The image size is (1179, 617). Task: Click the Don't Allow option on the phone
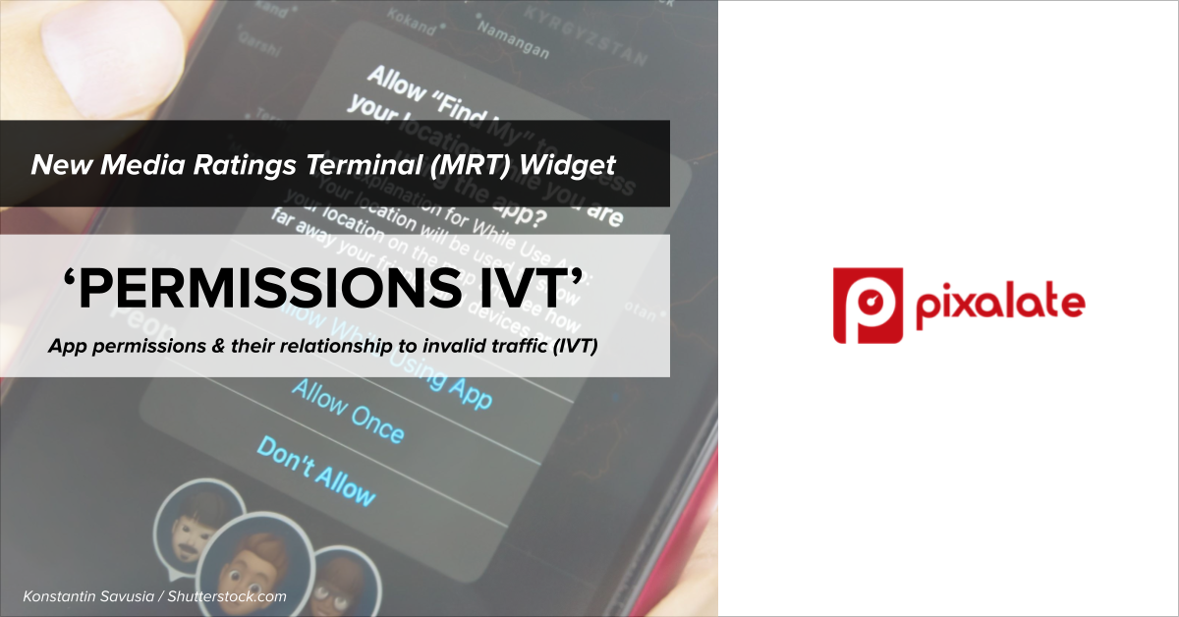pyautogui.click(x=315, y=472)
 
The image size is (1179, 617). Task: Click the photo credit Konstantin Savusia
pyautogui.click(x=89, y=596)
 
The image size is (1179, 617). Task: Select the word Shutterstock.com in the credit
pyautogui.click(x=227, y=596)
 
